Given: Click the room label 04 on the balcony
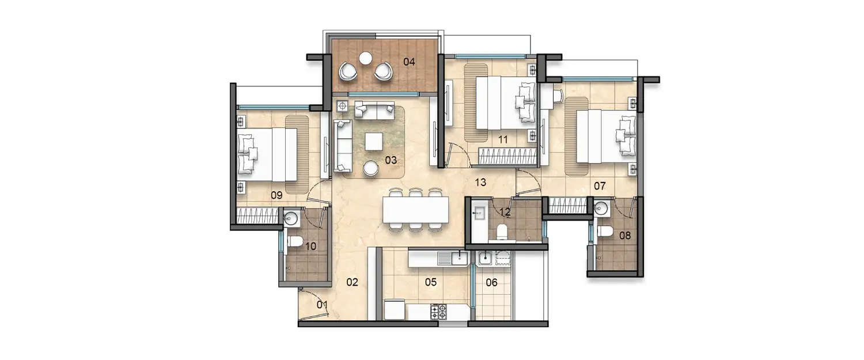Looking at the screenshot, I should (409, 62).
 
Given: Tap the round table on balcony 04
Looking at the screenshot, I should (365, 58).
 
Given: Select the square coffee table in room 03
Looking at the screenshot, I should (373, 141).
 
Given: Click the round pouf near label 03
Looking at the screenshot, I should (371, 168).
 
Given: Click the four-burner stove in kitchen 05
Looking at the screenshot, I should (438, 312).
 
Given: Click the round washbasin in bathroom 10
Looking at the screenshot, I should (291, 218).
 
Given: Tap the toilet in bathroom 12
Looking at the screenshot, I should (501, 231).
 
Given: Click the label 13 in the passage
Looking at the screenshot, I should (480, 183).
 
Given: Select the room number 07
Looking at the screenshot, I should (600, 186).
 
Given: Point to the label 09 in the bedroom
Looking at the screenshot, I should (276, 195).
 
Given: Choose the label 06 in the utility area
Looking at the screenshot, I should (491, 282).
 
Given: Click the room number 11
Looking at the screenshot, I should (502, 139).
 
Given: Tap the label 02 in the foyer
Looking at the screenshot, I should (352, 282).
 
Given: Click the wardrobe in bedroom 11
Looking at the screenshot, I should (507, 156).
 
